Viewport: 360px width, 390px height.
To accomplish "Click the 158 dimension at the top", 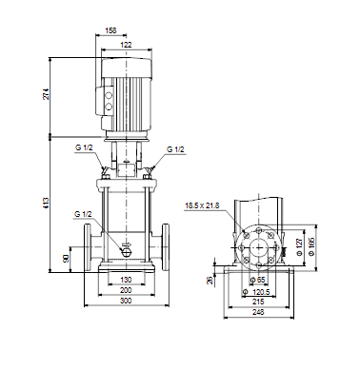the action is pos(110,30).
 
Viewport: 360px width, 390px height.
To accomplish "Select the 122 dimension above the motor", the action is pos(126,45).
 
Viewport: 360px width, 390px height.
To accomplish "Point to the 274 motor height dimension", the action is pos(47,94).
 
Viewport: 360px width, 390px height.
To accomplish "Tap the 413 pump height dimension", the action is pos(47,203).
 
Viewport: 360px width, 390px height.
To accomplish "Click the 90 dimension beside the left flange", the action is pos(66,259).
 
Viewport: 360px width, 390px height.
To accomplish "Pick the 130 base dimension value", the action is pos(126,280).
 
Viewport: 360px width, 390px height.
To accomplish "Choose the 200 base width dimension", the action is pos(126,290).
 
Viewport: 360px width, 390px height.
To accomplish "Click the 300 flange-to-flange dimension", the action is pos(126,301).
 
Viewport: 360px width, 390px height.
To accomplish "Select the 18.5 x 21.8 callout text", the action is pos(202,205).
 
